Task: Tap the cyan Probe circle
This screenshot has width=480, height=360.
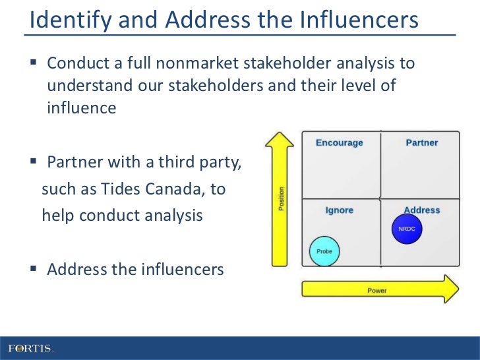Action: [324, 251]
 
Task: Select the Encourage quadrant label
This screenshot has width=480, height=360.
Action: [339, 142]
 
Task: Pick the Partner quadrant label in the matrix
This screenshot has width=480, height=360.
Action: [422, 142]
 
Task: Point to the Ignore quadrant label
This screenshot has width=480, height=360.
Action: [340, 210]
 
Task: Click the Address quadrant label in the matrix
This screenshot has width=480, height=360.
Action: [422, 210]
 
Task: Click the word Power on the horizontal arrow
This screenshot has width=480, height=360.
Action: [377, 290]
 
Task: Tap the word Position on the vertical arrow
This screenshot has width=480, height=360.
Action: [282, 198]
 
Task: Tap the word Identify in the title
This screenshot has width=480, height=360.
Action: [67, 20]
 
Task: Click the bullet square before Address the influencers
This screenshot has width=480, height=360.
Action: [34, 270]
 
